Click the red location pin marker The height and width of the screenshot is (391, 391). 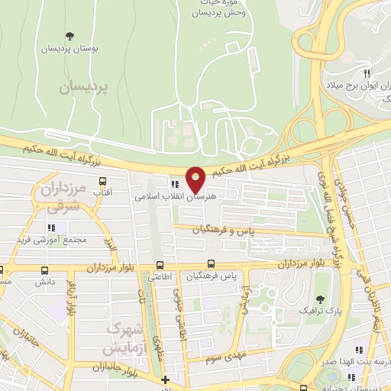point(196,181)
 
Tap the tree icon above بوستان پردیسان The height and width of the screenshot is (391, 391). point(69,36)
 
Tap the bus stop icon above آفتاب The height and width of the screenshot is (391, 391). point(103,182)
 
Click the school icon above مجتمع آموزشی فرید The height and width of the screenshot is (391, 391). point(51,228)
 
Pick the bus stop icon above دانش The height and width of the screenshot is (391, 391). point(44,271)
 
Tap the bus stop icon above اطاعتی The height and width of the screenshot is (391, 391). point(159,266)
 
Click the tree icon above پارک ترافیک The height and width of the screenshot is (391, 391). point(319,300)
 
